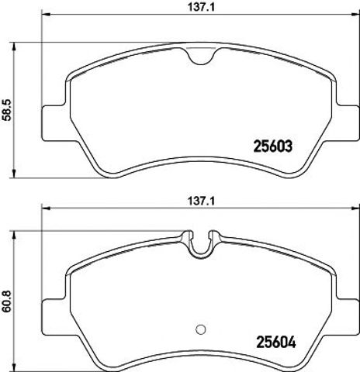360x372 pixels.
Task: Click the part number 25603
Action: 273,146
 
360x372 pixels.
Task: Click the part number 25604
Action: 275,343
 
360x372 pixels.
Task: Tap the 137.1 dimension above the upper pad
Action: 201,7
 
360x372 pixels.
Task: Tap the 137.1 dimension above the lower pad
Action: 201,201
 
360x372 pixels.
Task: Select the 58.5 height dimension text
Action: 7,110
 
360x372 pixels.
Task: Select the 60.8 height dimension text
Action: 7,301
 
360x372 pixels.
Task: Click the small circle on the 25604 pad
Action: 201,329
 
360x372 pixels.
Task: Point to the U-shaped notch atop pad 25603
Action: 201,57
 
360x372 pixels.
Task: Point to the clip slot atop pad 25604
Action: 201,244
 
